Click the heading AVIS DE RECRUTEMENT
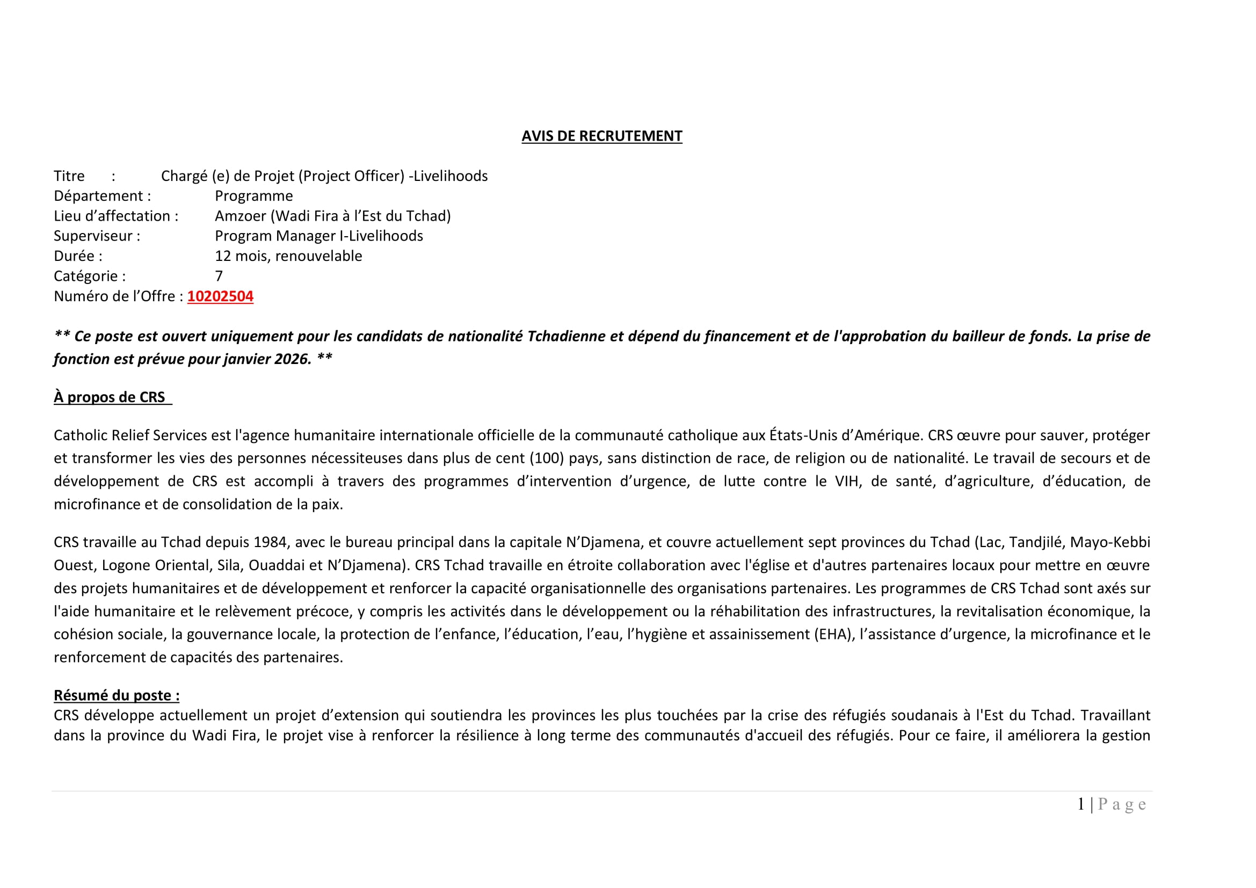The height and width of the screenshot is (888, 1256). coord(602,136)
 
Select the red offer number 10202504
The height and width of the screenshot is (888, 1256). coord(220,296)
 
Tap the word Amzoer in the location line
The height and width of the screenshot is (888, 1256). coord(240,216)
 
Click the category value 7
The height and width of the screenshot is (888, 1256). coord(219,276)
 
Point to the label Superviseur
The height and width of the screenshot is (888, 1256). coord(97,236)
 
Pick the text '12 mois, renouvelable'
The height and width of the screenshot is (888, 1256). coord(288,256)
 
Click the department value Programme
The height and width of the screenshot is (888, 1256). coord(254,196)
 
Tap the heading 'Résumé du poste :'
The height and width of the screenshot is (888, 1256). coord(117,695)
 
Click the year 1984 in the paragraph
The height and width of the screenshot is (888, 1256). coord(270,542)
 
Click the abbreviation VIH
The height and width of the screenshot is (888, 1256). coord(847,481)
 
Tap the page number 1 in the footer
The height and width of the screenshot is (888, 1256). coord(1081,804)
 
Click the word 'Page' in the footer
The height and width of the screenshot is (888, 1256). coord(1122,804)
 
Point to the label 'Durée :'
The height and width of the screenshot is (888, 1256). coord(78,256)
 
